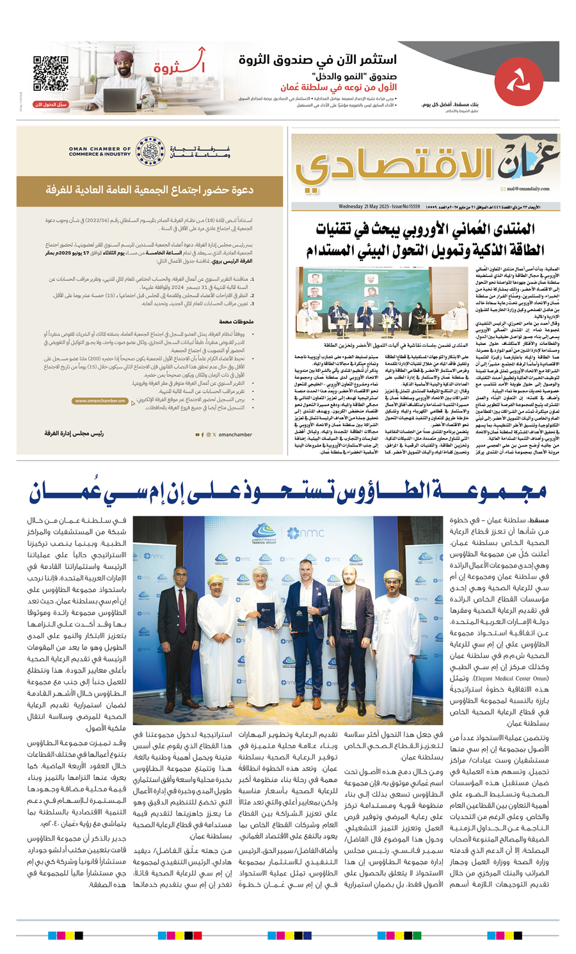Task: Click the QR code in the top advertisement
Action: [x=51, y=73]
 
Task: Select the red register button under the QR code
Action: [x=51, y=104]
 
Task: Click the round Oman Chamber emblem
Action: [x=150, y=151]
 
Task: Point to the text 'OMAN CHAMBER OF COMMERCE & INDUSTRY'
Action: [x=99, y=152]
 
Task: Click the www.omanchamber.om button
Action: [x=100, y=401]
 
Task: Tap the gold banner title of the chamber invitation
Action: [x=150, y=191]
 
